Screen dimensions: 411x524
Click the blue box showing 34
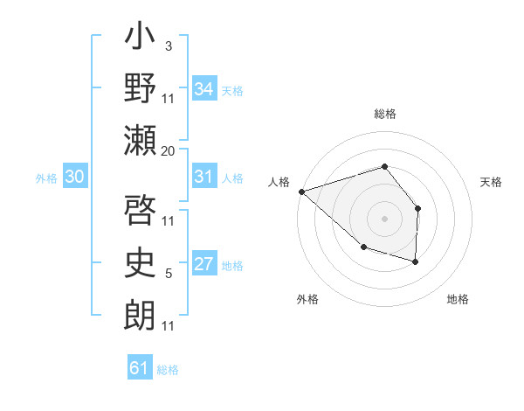pos(203,89)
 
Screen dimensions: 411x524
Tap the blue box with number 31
pos(203,178)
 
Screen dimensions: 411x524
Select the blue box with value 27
pos(203,265)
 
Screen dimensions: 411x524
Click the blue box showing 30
pos(75,178)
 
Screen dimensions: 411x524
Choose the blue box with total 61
pos(139,368)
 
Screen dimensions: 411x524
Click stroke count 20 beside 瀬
pos(169,151)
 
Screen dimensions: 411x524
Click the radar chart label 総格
pos(384,114)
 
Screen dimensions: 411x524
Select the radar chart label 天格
pos(492,182)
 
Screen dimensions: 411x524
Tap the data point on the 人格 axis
pos(301,191)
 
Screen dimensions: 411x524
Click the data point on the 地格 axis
pos(416,261)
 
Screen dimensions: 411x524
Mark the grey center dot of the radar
pos(384,218)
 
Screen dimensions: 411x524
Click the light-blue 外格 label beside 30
pos(46,178)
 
